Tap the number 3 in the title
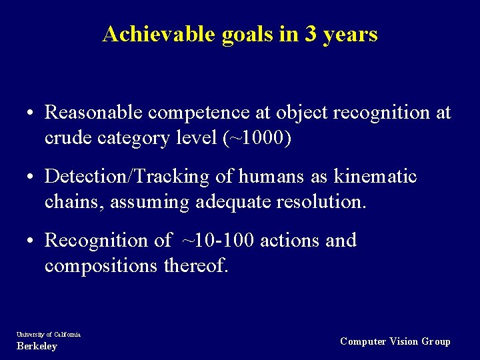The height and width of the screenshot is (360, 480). [311, 34]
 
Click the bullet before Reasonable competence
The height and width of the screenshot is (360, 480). [32, 113]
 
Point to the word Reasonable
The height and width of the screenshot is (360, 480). [93, 113]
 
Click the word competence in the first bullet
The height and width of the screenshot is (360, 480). [201, 113]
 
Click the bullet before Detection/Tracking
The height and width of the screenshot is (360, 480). [32, 178]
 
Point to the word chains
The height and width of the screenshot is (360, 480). [74, 201]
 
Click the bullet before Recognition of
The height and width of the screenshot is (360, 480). [32, 241]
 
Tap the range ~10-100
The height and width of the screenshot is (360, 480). [217, 241]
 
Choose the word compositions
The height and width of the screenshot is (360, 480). [107, 265]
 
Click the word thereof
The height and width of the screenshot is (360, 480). [197, 265]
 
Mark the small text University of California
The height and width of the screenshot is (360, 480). [48, 334]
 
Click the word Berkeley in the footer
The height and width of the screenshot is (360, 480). [37, 346]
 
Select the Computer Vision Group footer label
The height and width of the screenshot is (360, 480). [395, 341]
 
